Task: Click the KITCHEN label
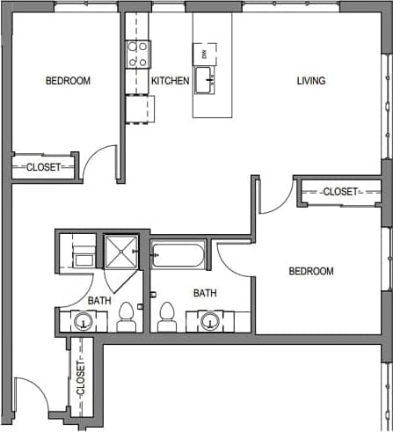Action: (170, 81)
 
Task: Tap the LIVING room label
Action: (310, 81)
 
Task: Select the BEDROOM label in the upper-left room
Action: (68, 81)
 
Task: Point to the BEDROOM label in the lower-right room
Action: (311, 271)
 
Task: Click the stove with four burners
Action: (138, 55)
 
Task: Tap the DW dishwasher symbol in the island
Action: (204, 54)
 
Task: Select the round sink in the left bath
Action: (83, 321)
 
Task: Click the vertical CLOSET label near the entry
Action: (81, 378)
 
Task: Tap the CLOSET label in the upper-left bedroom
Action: (42, 166)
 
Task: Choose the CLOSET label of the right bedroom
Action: (339, 192)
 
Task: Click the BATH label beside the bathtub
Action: (205, 294)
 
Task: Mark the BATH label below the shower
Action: (99, 300)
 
